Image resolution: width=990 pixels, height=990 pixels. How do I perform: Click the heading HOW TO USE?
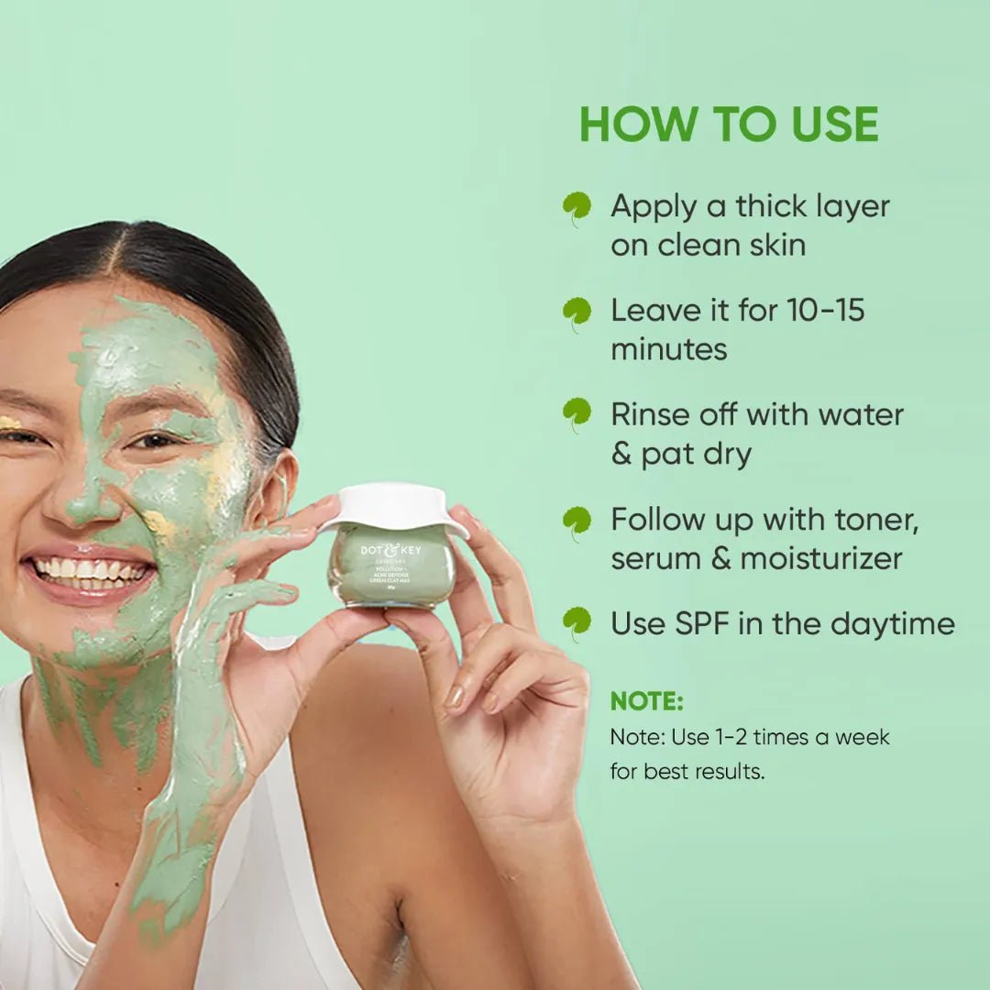729,125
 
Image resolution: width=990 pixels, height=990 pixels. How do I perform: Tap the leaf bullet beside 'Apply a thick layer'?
577,207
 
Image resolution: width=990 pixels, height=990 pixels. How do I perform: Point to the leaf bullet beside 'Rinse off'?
577,413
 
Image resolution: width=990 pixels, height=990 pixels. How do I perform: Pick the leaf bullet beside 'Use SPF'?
577,622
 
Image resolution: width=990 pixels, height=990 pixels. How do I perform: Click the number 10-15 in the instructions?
825,310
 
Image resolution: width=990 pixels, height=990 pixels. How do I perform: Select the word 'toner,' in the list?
868,520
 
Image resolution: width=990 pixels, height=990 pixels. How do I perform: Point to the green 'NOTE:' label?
646,701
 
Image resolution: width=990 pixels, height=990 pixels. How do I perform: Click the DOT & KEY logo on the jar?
391,550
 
